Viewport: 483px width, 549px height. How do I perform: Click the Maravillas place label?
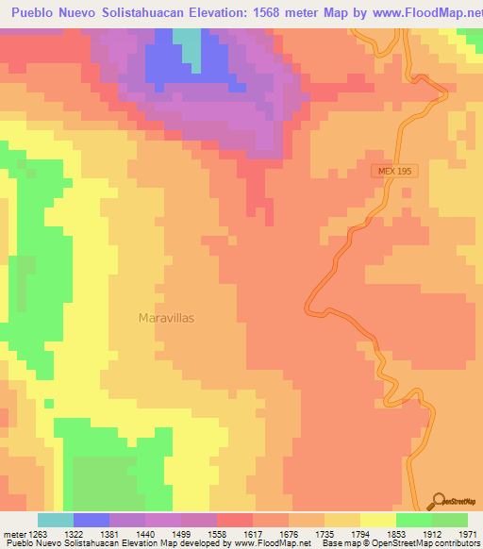[166, 318]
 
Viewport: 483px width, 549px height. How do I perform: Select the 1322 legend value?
[91, 534]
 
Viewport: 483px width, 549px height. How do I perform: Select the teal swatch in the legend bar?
[56, 520]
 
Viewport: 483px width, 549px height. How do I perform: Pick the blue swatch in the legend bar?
[92, 520]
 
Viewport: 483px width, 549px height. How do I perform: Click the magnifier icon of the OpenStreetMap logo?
[440, 500]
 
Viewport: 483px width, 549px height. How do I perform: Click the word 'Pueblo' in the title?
[36, 14]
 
